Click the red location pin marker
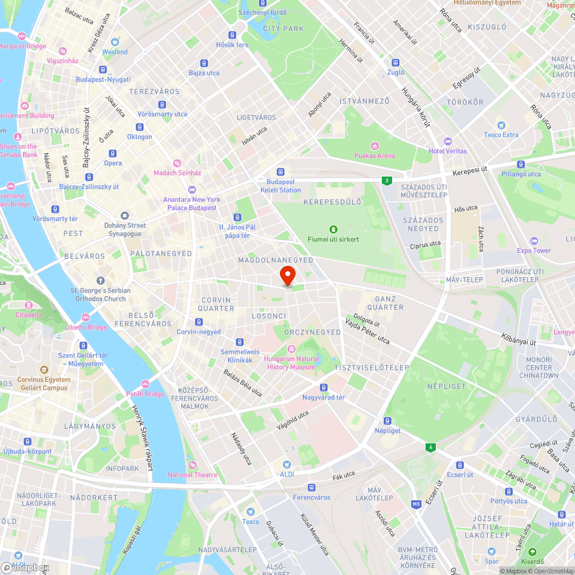[287, 275]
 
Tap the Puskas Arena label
[374, 155]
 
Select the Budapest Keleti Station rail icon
[281, 171]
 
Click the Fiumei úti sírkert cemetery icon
[333, 229]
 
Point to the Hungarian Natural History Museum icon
[291, 349]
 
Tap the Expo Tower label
[534, 251]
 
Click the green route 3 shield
[387, 181]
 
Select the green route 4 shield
[430, 447]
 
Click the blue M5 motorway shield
[416, 504]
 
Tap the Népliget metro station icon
[388, 420]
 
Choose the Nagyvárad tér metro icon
[324, 388]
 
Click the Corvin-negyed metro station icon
[199, 322]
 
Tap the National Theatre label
[193, 474]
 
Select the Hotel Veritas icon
[448, 141]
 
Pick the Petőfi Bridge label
[145, 394]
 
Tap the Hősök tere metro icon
[232, 35]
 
